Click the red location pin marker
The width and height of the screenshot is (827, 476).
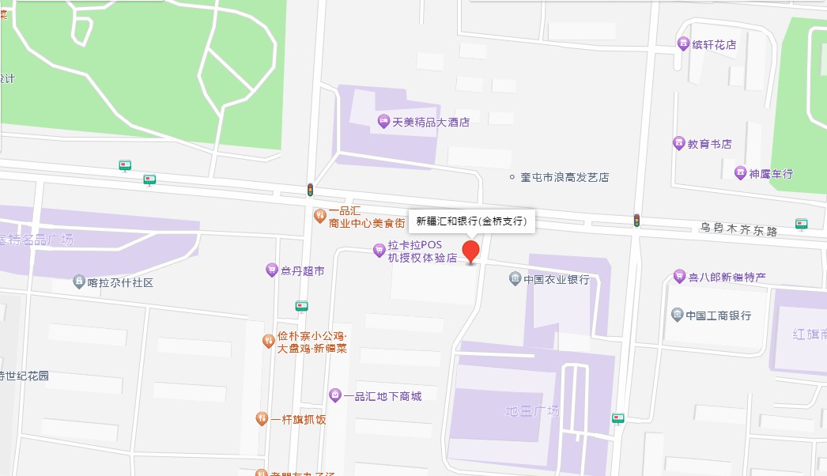471,251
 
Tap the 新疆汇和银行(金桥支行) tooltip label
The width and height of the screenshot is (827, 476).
471,221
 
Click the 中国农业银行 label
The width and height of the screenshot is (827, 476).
556,279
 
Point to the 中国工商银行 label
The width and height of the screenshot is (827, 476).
718,315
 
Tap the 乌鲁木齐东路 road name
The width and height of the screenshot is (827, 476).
738,229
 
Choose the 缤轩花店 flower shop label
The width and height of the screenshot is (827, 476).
714,44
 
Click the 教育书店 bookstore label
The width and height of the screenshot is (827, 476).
709,144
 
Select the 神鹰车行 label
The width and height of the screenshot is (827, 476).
771,173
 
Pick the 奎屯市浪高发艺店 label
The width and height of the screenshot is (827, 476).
565,177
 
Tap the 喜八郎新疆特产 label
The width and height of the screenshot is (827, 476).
727,276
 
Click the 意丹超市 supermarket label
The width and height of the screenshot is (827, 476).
303,270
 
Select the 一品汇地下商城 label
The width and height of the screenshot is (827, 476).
383,395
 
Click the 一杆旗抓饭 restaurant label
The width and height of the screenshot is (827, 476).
298,419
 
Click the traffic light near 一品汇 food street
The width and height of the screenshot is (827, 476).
311,190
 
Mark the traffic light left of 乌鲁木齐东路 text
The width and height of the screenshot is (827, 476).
636,221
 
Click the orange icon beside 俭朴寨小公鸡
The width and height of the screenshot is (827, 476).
269,342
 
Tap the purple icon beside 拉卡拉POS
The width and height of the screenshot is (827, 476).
380,251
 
